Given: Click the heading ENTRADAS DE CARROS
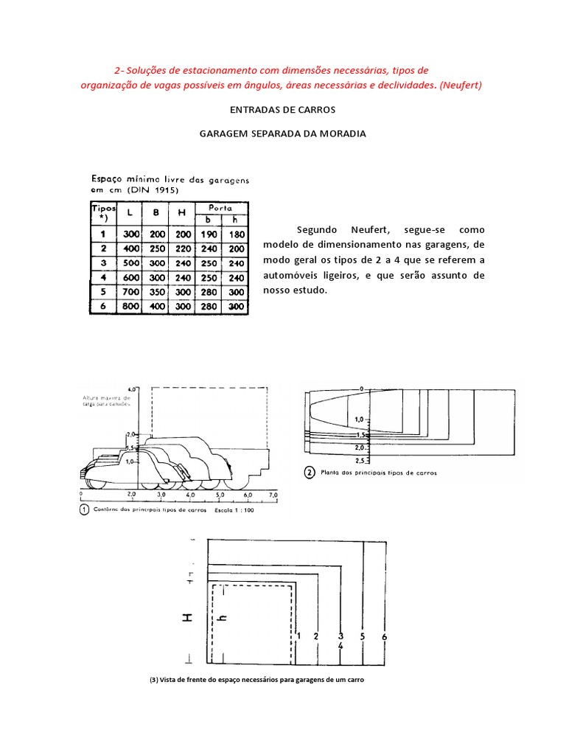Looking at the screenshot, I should coord(283,110).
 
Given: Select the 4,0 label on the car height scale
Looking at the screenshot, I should coord(133,388).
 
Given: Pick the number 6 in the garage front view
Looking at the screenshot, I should coord(385,636).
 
